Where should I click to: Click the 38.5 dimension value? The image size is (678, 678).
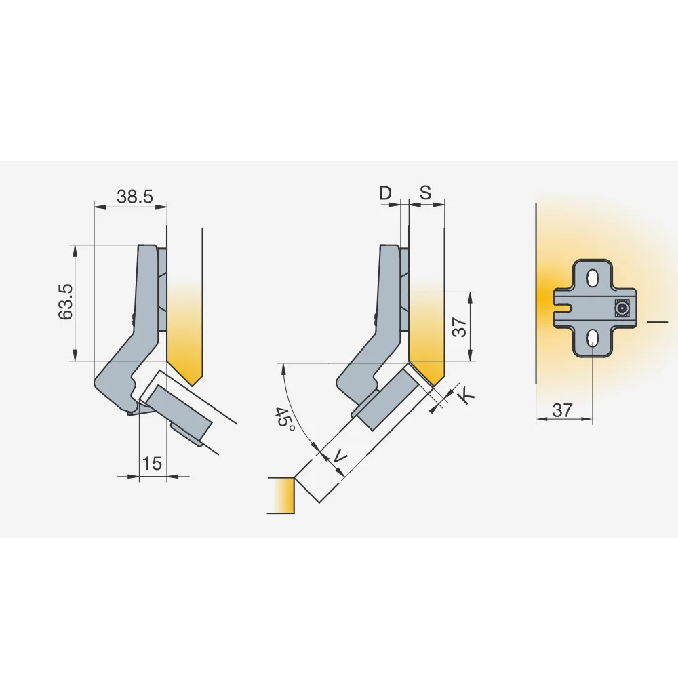[x=135, y=197]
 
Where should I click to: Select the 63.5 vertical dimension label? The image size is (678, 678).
[x=66, y=302]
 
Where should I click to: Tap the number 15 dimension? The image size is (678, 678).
[x=152, y=464]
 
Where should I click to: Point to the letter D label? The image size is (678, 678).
[x=385, y=193]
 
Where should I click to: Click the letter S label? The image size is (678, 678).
[x=426, y=193]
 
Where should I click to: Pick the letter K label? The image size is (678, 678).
[x=466, y=397]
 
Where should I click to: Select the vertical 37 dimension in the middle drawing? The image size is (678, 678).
[x=460, y=327]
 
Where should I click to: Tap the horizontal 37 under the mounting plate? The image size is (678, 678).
[x=562, y=410]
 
